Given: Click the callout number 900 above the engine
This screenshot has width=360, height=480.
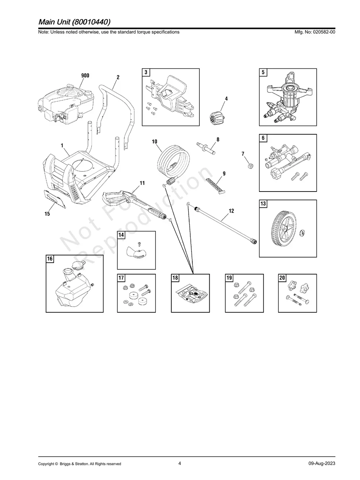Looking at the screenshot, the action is pos(85,75).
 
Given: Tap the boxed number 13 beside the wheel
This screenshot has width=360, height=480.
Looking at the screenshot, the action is pos(263,203).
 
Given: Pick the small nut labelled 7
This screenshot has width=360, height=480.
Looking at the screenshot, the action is pos(250,166).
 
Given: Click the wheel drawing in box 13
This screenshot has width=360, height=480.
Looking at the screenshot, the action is pos(285,228).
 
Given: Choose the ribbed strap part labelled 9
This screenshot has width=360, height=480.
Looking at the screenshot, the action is pos(216,186).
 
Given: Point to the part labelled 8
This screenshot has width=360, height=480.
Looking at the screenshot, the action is pos(206,148).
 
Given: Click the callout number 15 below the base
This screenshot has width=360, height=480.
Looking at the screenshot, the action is pos(47,214).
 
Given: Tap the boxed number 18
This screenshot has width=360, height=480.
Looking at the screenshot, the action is pos(175,278).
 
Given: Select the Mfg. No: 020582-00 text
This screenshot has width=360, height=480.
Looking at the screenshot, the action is pos(315,32).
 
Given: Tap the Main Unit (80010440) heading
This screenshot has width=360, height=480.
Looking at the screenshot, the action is pos(75,22).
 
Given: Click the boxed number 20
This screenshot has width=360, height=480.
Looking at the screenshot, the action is pos(282,278).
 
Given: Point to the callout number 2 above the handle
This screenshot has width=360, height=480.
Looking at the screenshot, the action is pos(118,77).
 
